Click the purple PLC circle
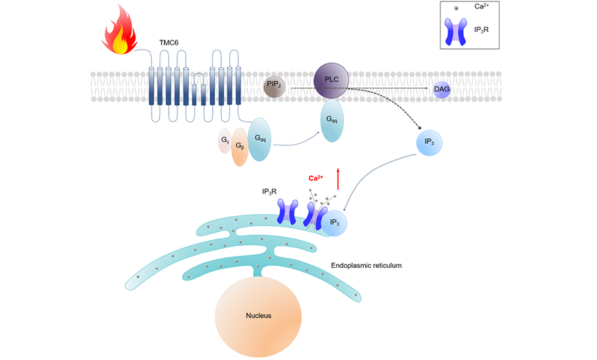(331, 81)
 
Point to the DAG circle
(442, 90)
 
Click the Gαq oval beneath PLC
(331, 121)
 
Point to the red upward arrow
(338, 178)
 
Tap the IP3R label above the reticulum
(272, 191)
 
